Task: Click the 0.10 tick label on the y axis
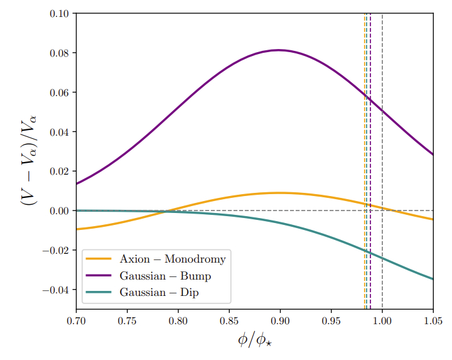(x=61, y=14)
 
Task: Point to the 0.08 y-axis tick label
(x=61, y=53)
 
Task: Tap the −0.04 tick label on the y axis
(x=57, y=290)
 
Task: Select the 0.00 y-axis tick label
(x=61, y=210)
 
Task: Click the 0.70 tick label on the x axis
(x=76, y=321)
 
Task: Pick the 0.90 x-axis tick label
(x=280, y=321)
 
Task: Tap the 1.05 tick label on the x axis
(x=433, y=321)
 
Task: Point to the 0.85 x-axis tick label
(x=229, y=321)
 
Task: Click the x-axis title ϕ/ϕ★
(x=254, y=342)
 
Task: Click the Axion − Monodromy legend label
(x=173, y=259)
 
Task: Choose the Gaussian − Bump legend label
(x=165, y=276)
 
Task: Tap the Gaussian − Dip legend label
(x=160, y=292)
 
